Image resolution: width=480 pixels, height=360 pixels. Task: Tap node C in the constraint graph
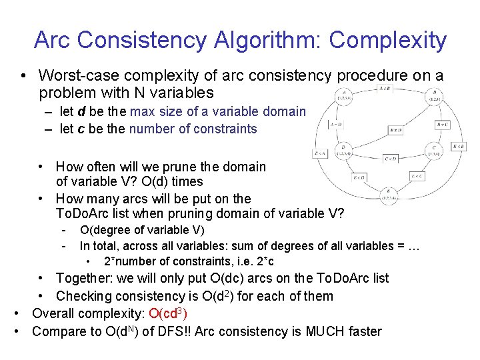[x=434, y=150]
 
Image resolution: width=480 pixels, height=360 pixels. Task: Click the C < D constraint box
[x=391, y=159]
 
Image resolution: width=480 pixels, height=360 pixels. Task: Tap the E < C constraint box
[x=417, y=177]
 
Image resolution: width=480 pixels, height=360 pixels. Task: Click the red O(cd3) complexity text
[x=168, y=313]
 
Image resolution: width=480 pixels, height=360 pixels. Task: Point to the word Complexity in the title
[x=387, y=40]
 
